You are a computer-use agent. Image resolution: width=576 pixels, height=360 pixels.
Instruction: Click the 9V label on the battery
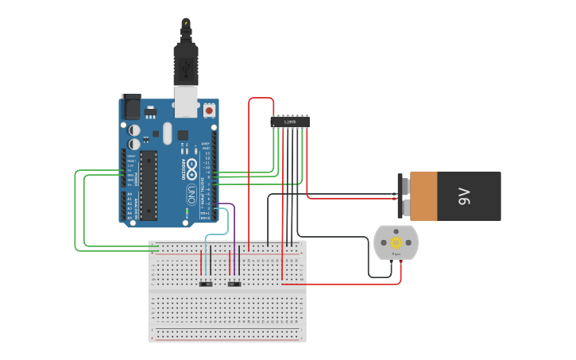(465, 196)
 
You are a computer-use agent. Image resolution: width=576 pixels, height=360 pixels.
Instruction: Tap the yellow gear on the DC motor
(396, 242)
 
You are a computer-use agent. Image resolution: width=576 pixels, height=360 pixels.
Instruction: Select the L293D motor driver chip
(290, 122)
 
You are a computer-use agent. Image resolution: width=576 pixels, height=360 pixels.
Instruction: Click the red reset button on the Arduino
(210, 111)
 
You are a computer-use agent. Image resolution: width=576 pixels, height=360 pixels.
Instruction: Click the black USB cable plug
(186, 62)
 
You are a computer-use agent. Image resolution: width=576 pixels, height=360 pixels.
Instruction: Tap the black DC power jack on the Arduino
(131, 106)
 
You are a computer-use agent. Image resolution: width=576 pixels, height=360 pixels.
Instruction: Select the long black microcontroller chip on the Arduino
(149, 185)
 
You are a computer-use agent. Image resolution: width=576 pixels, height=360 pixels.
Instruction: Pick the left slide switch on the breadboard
(206, 284)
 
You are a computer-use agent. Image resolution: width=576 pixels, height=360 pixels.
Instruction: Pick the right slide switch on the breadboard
(234, 284)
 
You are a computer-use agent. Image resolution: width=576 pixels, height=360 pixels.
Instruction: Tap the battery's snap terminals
(404, 196)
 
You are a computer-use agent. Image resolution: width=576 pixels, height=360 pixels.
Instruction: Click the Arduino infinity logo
(191, 168)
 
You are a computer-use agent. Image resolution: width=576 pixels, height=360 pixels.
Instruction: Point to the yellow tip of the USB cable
(186, 21)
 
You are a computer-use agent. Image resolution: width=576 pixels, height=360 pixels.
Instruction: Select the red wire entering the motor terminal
(400, 270)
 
